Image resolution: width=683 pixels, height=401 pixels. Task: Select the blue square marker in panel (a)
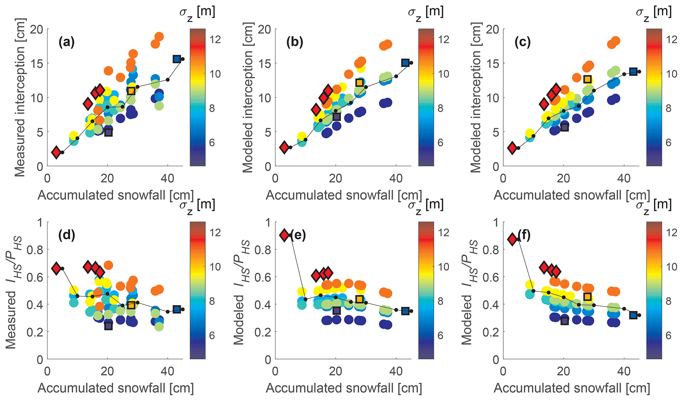click(x=177, y=59)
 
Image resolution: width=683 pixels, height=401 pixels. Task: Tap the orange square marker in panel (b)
click(x=360, y=82)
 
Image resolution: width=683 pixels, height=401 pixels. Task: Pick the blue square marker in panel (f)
click(x=633, y=315)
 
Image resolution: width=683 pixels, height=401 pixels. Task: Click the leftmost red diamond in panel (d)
click(x=56, y=268)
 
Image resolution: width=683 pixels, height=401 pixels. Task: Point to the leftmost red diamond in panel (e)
click(x=284, y=235)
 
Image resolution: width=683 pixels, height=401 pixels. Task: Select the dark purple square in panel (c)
click(x=564, y=127)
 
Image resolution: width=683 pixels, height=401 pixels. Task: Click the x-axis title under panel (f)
click(x=572, y=388)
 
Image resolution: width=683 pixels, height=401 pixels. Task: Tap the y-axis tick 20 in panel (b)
click(x=265, y=29)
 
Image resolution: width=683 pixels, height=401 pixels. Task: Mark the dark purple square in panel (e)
click(x=336, y=310)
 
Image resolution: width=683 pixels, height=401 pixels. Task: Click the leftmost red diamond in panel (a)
click(x=56, y=152)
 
